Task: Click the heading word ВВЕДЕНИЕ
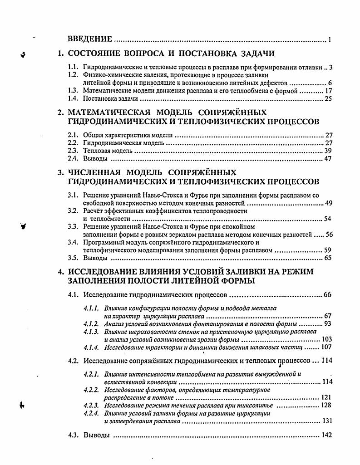tap(90, 39)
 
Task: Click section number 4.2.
tap(73, 361)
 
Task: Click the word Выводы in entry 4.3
tap(96, 435)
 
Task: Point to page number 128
tap(326, 406)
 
